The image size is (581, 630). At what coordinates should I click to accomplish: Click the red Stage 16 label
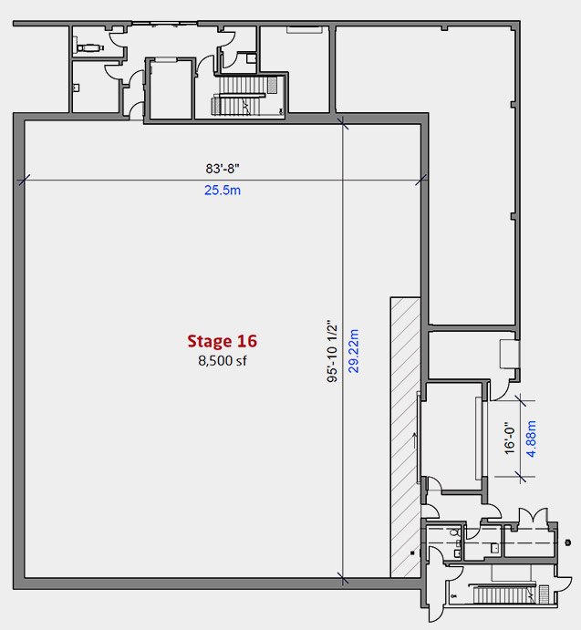[222, 341]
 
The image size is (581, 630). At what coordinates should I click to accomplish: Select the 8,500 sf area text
[223, 361]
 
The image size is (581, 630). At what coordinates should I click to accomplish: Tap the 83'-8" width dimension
[223, 169]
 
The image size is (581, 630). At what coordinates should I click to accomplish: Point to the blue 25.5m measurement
[223, 190]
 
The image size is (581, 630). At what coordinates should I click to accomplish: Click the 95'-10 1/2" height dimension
[332, 351]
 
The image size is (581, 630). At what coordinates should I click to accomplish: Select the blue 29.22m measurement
[353, 351]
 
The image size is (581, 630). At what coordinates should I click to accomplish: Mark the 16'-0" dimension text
[510, 438]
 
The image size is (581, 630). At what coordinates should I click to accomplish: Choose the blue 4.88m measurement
[531, 439]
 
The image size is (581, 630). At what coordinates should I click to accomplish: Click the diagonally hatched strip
[405, 437]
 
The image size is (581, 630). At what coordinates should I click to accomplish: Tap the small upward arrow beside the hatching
[415, 440]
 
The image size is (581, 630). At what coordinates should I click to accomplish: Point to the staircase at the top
[244, 96]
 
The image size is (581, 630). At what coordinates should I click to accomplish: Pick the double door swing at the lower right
[534, 516]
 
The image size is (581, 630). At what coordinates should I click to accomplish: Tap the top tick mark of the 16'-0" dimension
[520, 400]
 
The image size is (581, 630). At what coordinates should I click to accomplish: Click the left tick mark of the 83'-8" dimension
[24, 180]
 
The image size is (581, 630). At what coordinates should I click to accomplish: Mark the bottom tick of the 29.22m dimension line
[343, 579]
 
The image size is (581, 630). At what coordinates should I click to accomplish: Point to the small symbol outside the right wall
[567, 542]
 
